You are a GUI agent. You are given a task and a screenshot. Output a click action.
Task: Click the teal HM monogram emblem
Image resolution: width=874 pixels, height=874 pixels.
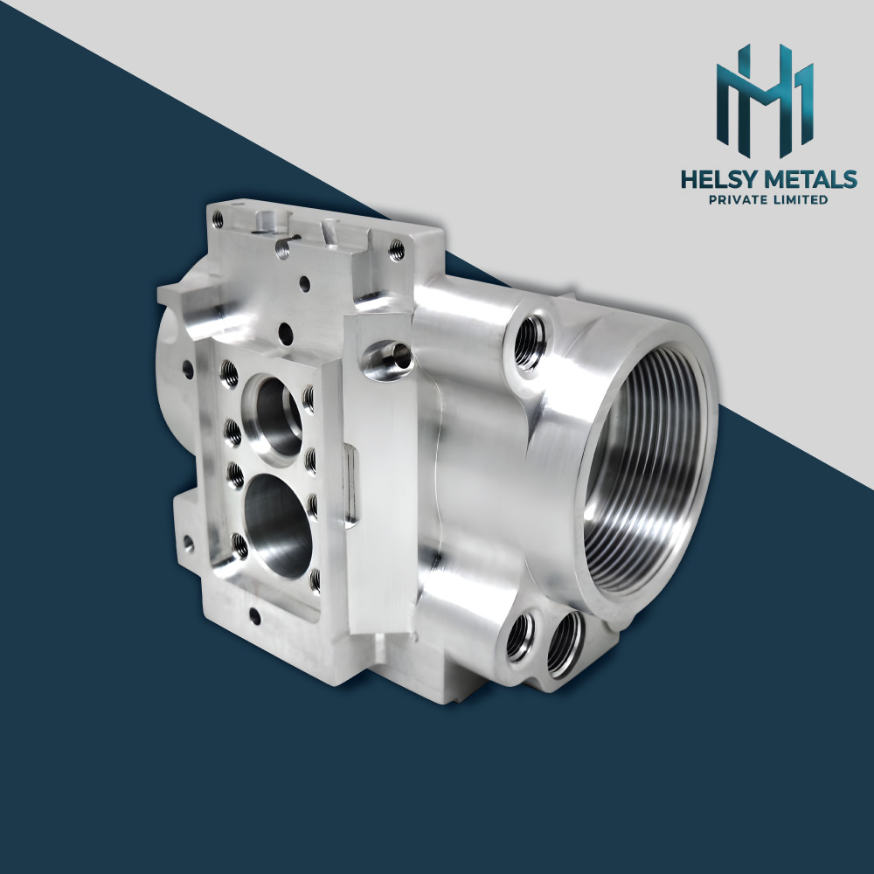pyautogui.click(x=766, y=96)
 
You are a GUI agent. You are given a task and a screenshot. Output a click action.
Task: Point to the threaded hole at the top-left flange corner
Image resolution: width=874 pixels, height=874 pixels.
pyautogui.click(x=282, y=249)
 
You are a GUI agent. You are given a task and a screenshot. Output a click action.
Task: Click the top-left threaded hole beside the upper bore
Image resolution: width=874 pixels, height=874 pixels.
pyautogui.click(x=229, y=374)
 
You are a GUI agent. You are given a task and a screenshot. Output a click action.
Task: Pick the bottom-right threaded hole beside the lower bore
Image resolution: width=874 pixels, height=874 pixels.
pyautogui.click(x=315, y=576)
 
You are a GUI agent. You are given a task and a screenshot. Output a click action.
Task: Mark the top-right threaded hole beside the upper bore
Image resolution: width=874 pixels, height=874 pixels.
pyautogui.click(x=309, y=398)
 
